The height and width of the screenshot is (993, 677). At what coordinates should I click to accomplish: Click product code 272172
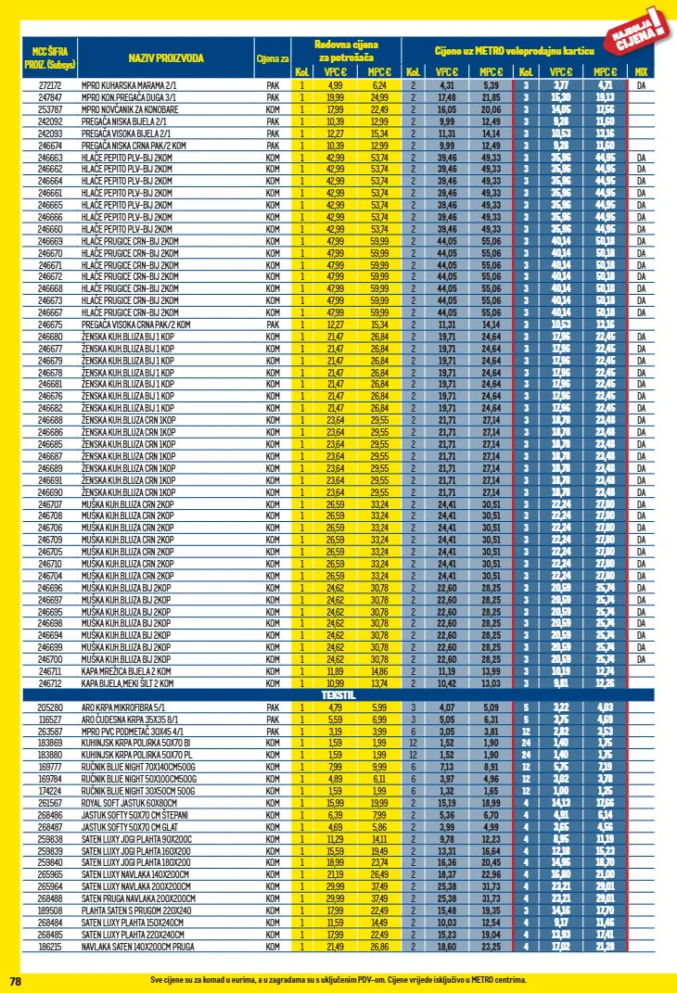[49, 84]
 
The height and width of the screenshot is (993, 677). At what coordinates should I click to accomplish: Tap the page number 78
[15, 980]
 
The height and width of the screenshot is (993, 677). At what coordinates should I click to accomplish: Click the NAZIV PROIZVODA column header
[166, 57]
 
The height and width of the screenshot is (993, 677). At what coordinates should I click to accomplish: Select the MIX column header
[641, 71]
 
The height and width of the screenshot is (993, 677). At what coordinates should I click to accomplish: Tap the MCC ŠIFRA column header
[49, 57]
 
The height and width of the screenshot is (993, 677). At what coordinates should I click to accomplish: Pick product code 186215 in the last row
[49, 947]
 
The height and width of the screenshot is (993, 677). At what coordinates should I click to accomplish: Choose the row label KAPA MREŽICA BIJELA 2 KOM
[126, 670]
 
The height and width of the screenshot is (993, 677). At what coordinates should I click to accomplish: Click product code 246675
[49, 325]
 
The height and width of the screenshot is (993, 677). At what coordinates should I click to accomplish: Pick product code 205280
[49, 707]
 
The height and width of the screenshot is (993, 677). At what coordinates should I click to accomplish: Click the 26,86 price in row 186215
[378, 947]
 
